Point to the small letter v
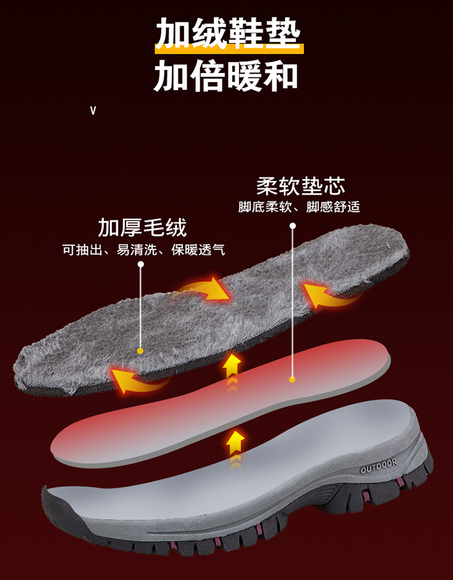pyautogui.click(x=93, y=111)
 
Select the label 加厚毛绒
pyautogui.click(x=143, y=228)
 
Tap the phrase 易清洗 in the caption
pyautogui.click(x=130, y=250)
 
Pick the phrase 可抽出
pyautogui.click(x=80, y=250)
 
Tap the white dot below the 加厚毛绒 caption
pyautogui.click(x=141, y=264)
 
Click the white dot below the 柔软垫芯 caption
pyautogui.click(x=293, y=226)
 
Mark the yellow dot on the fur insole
pyautogui.click(x=140, y=350)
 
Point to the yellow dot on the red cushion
pyautogui.click(x=292, y=379)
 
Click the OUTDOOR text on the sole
pyautogui.click(x=379, y=466)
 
